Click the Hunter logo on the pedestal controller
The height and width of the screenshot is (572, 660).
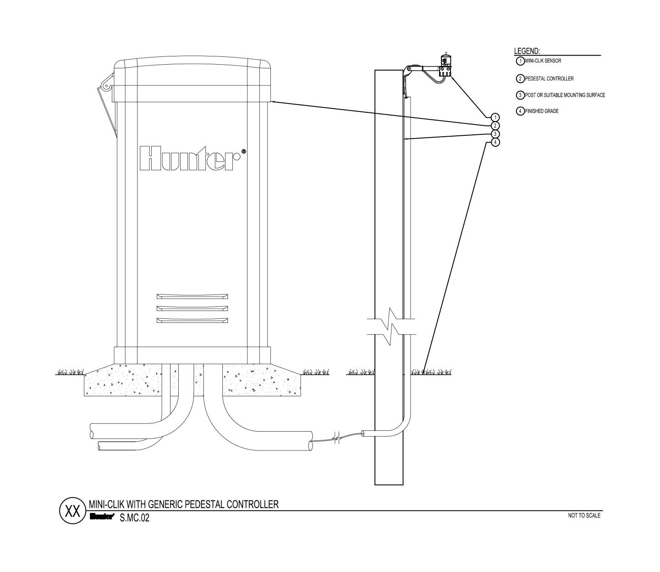pos(193,159)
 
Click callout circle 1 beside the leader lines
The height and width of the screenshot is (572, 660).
pos(495,117)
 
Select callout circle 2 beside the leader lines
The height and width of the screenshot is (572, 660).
pos(495,126)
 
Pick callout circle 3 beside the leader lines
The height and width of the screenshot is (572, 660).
pos(495,134)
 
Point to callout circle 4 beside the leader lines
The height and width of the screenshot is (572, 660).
pos(495,142)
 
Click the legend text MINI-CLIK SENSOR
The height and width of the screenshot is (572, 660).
pos(543,61)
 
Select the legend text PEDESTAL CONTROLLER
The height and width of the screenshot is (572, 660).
pos(549,78)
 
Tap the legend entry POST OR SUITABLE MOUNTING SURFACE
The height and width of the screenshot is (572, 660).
pos(565,95)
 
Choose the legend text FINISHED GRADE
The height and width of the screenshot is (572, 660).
pos(542,111)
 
